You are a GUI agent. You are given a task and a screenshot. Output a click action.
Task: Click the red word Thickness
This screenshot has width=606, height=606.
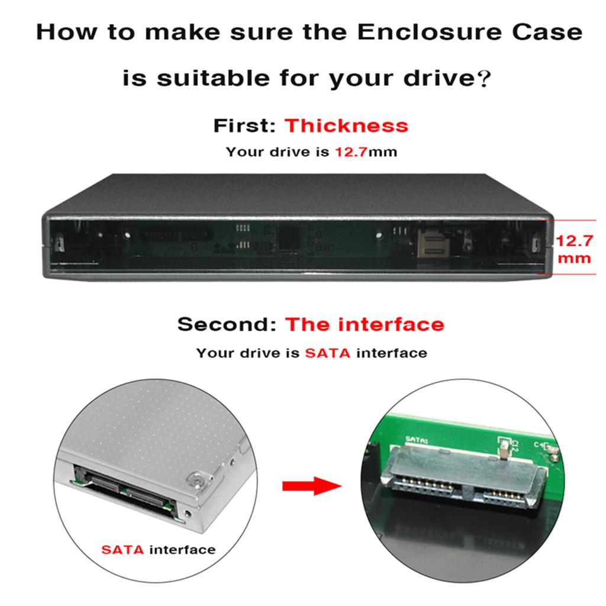tap(346, 125)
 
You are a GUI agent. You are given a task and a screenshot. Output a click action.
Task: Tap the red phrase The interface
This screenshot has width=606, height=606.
tap(365, 324)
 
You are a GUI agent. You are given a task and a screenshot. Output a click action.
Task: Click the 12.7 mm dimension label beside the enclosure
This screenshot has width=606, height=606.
tap(573, 249)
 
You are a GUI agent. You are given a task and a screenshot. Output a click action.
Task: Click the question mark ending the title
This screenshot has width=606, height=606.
tap(483, 79)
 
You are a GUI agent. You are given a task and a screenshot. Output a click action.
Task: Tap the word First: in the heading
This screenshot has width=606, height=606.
tap(245, 125)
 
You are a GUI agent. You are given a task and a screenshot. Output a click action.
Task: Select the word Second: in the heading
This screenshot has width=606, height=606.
tap(228, 324)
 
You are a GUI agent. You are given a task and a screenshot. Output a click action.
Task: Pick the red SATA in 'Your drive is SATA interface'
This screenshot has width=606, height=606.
tap(327, 353)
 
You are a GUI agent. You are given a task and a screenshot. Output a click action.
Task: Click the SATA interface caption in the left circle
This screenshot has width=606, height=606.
tap(158, 550)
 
